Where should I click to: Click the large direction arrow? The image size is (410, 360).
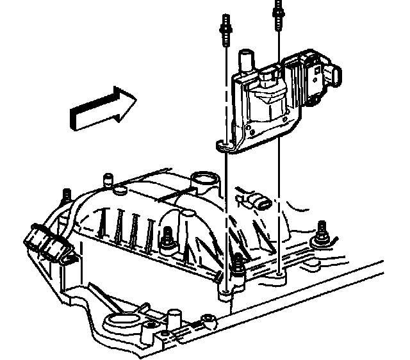click(x=102, y=109)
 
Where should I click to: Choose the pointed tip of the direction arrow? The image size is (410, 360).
click(x=135, y=98)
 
